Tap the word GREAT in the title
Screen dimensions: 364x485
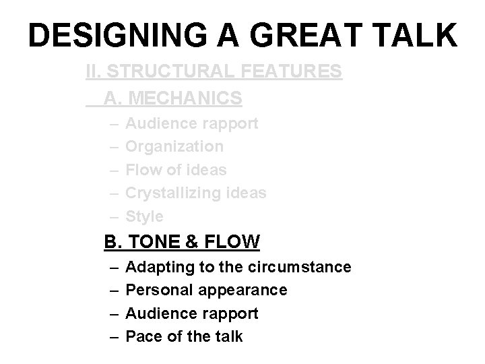311,36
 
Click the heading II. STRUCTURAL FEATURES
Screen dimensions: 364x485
214,71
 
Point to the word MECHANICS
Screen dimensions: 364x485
184,98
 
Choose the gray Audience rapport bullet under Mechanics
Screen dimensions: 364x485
192,123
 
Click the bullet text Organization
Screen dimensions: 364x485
174,146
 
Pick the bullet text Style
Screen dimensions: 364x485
145,216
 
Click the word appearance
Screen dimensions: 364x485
240,291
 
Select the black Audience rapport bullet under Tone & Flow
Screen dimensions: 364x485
192,313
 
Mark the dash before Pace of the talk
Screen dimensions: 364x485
113,336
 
